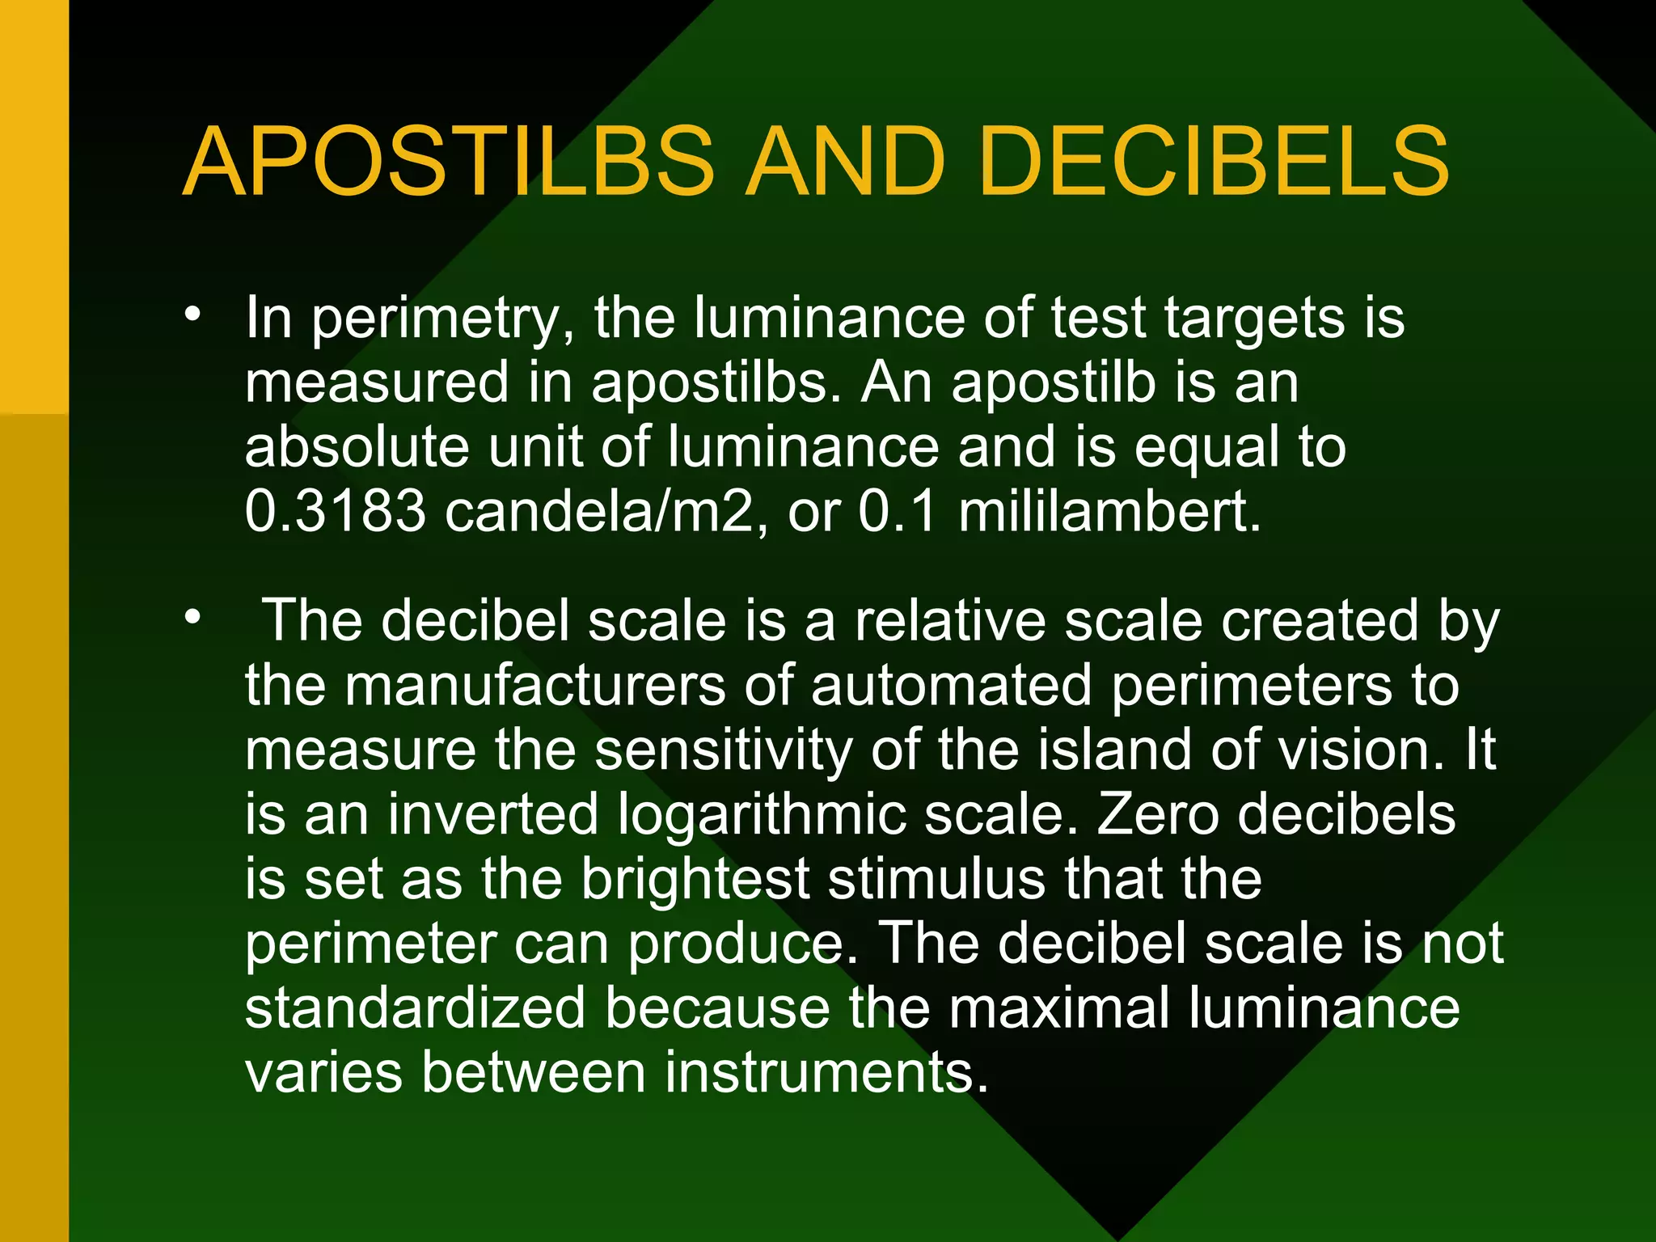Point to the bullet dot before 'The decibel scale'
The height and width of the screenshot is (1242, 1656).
(x=192, y=618)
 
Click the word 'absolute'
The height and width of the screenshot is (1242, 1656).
(x=357, y=446)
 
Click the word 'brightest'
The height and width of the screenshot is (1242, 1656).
(x=695, y=879)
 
